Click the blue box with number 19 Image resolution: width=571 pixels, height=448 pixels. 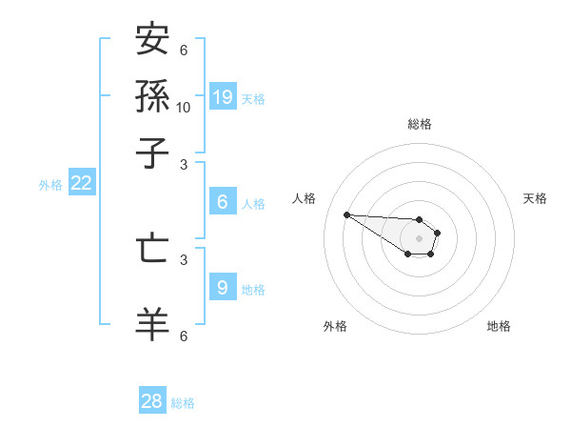pos(223,96)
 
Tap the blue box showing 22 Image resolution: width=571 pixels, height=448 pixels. pos(81,184)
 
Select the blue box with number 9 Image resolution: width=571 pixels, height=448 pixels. pos(223,287)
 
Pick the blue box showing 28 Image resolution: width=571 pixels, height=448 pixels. pos(152,401)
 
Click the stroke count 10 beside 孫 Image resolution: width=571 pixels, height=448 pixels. pos(184,107)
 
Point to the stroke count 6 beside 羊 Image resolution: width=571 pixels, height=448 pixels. pos(184,336)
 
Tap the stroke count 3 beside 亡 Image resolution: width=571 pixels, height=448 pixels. pos(184,258)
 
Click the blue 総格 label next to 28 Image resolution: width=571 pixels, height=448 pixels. pos(183,403)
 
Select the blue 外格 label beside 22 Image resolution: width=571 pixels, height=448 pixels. pos(49,185)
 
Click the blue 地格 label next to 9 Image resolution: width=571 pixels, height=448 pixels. pos(253,289)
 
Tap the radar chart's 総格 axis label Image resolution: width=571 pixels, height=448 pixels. pos(419,124)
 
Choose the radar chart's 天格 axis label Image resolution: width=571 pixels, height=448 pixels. pos(535,198)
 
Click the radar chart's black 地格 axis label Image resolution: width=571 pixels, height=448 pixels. pos(499,326)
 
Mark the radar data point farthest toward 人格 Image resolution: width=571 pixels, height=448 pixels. pos(346,214)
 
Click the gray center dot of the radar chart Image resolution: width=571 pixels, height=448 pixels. pos(419,238)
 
